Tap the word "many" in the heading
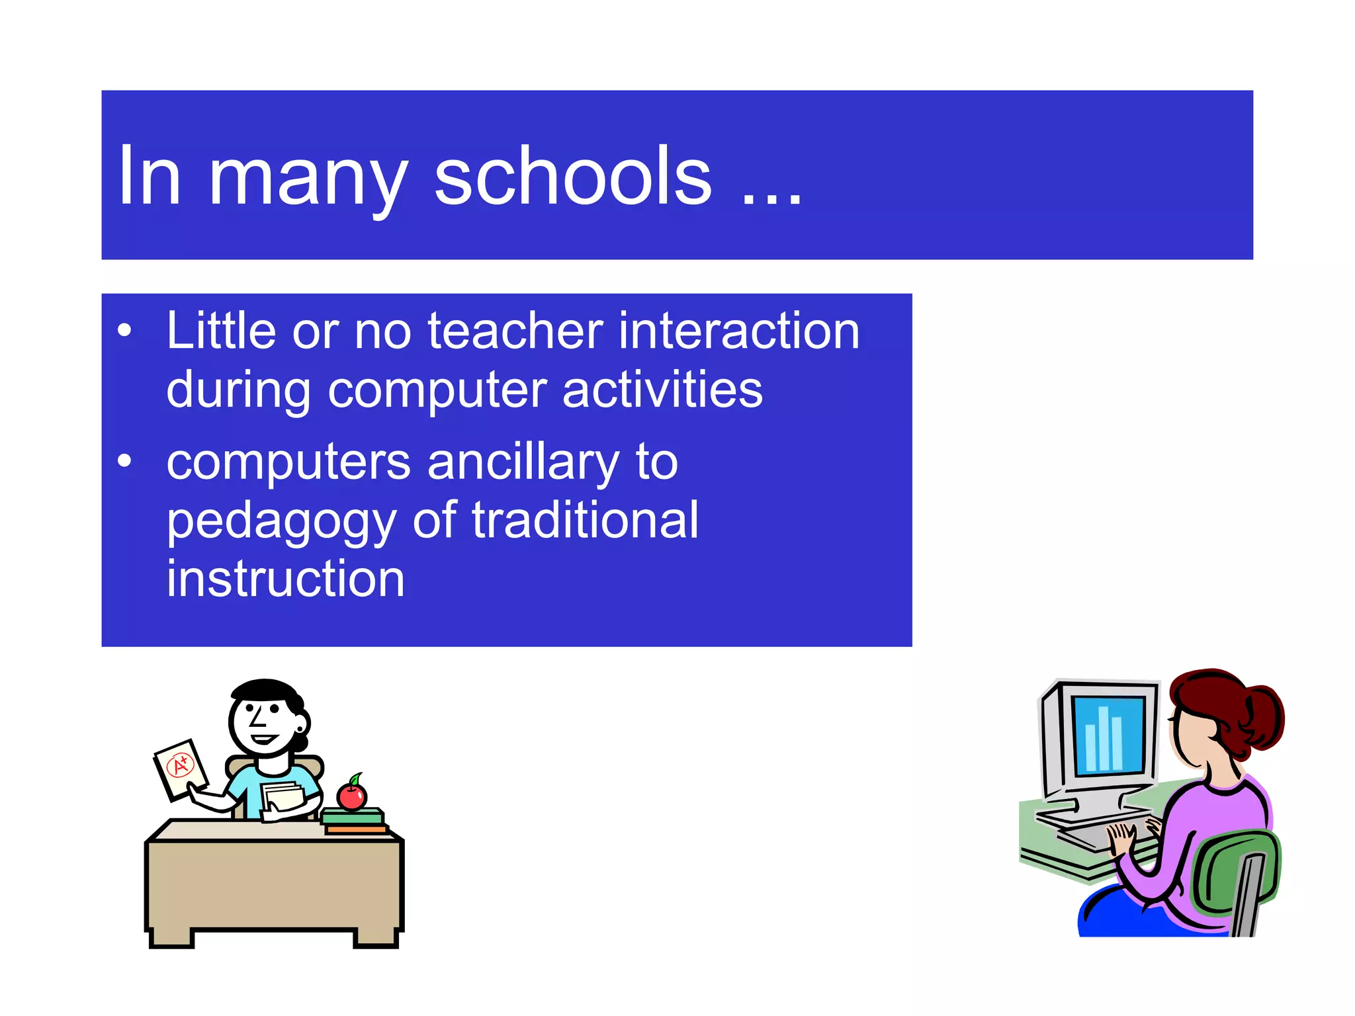[x=308, y=179]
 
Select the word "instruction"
[x=285, y=579]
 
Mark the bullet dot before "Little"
[x=124, y=330]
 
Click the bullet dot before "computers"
[x=124, y=461]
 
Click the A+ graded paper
[x=180, y=769]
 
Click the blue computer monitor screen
[x=1108, y=734]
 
